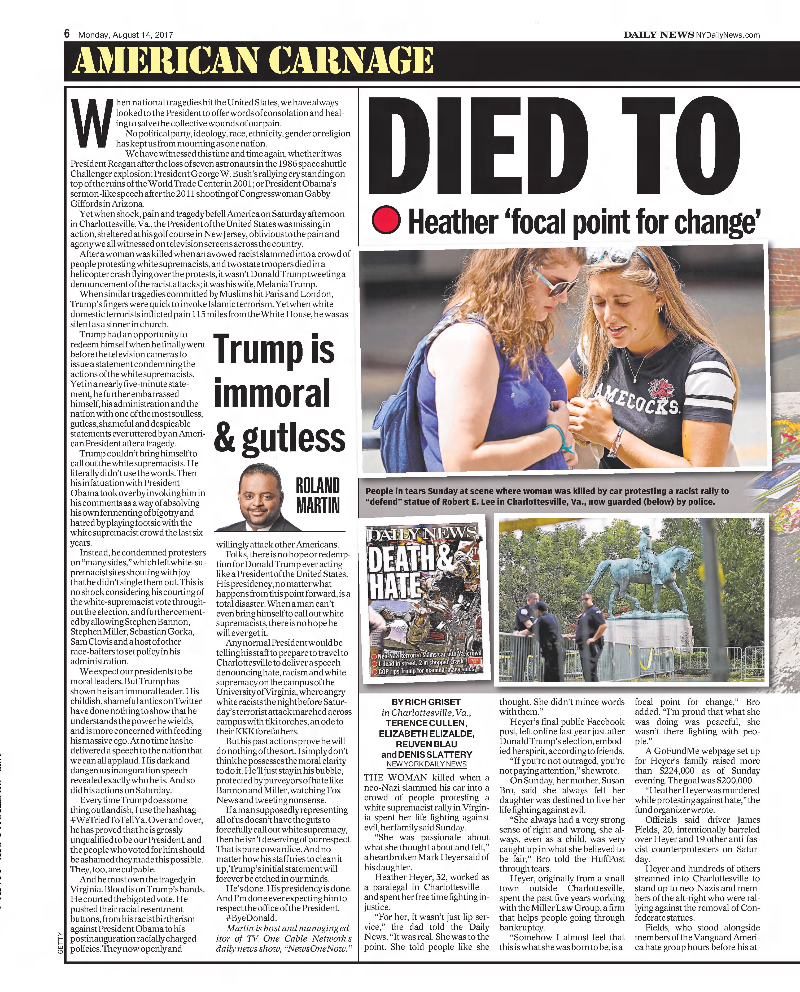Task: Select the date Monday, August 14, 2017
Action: [x=126, y=34]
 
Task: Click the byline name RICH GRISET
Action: [x=426, y=702]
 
